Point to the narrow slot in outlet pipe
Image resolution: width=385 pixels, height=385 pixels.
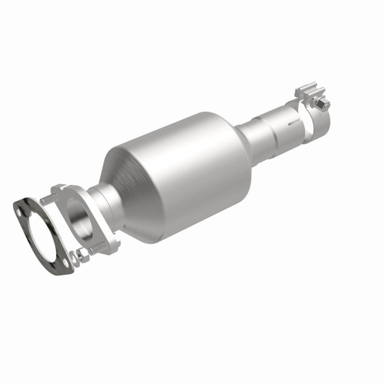(290, 121)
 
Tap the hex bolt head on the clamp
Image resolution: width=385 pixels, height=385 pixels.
(324, 102)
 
